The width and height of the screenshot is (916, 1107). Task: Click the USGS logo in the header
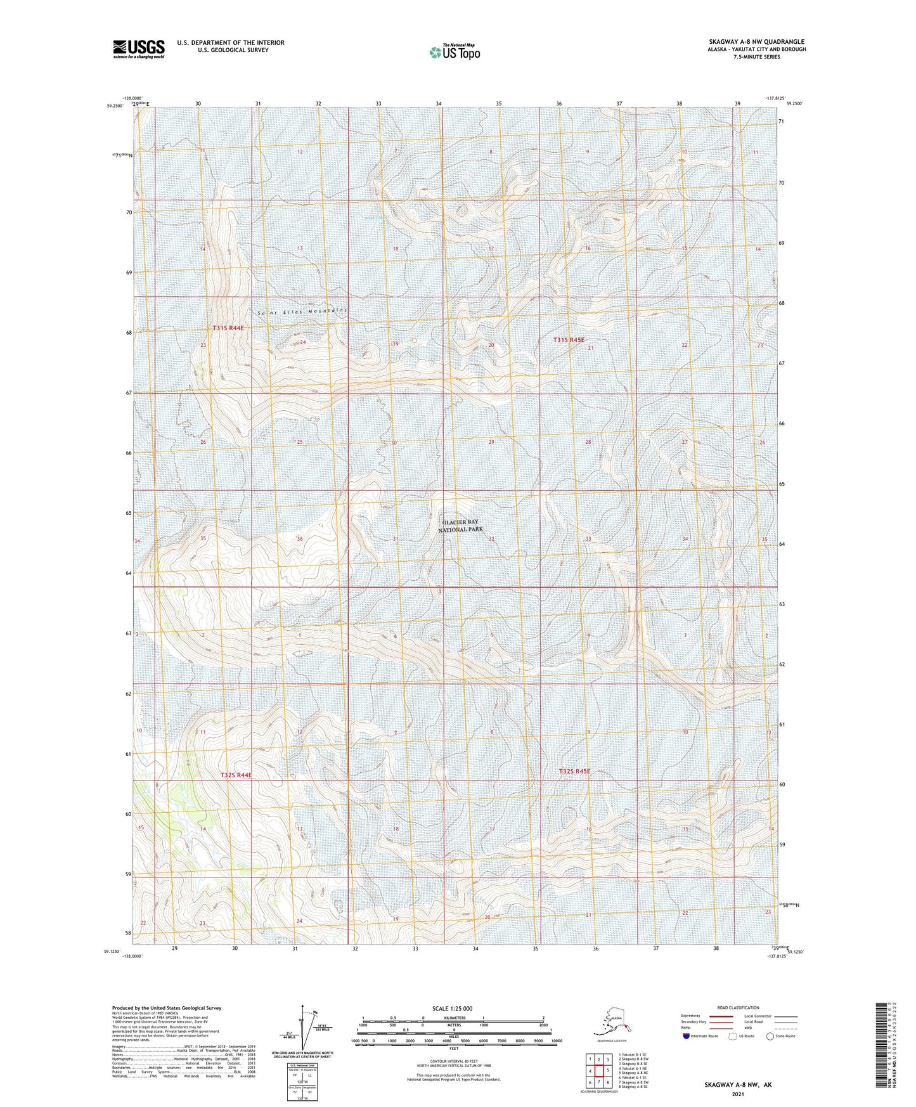[139, 49]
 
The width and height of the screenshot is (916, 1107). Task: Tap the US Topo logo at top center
[455, 52]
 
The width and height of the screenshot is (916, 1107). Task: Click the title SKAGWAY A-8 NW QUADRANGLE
[757, 42]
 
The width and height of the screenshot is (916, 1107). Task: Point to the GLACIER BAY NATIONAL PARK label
[461, 526]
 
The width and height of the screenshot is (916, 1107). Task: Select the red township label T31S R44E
[228, 328]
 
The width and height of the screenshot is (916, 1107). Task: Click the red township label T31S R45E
[568, 340]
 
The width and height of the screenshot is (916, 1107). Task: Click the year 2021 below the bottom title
[737, 1094]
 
